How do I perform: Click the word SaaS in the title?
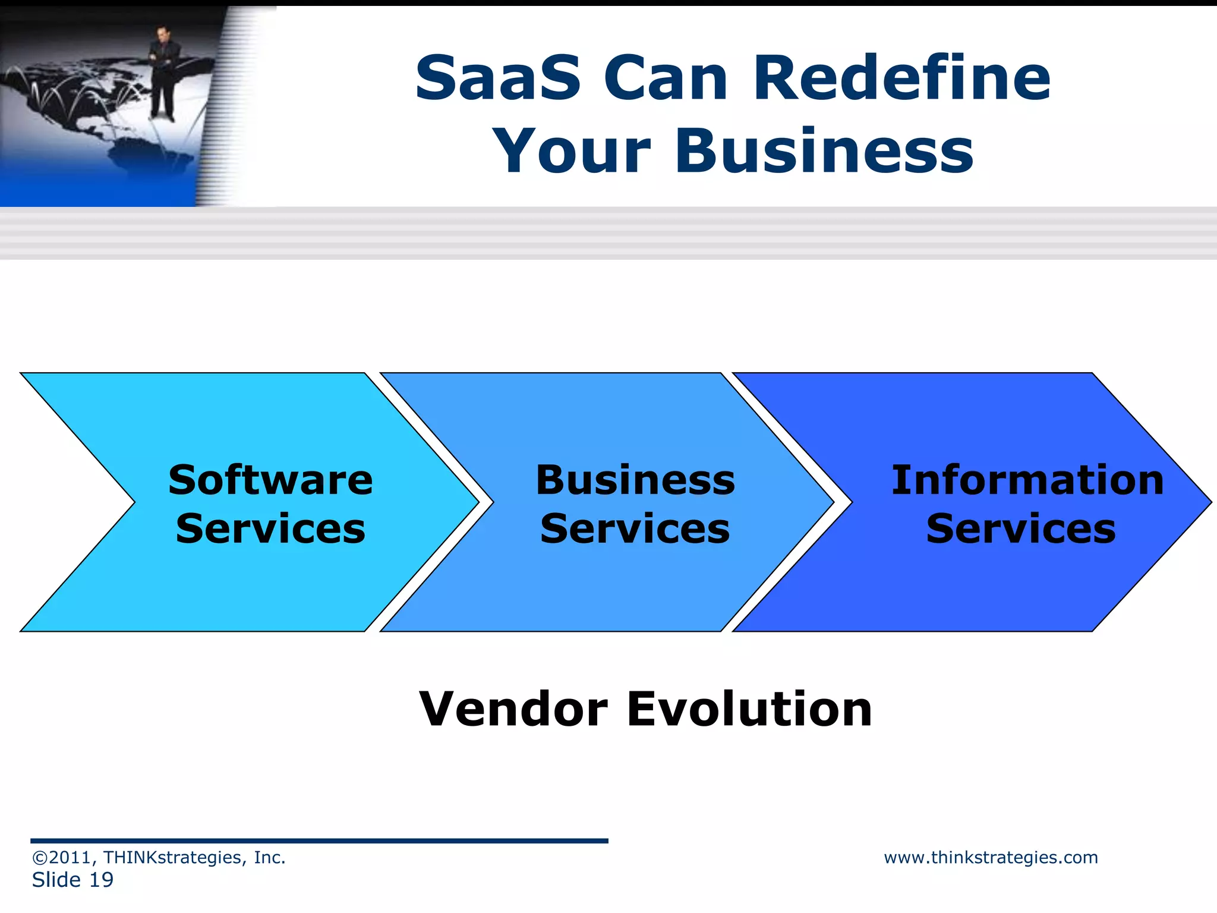tap(498, 78)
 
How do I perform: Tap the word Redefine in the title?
tap(901, 78)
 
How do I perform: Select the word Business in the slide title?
tap(824, 152)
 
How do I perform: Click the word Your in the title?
tap(572, 152)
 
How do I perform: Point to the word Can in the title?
tap(666, 78)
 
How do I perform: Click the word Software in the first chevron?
tap(270, 480)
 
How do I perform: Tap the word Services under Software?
tap(270, 529)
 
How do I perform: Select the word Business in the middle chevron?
tap(635, 480)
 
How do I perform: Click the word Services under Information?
tap(1020, 529)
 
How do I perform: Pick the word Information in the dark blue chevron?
tap(1027, 480)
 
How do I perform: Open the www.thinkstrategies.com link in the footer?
tap(991, 858)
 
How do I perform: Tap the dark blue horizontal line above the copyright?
tap(319, 841)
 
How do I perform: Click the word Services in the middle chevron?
tap(635, 529)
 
